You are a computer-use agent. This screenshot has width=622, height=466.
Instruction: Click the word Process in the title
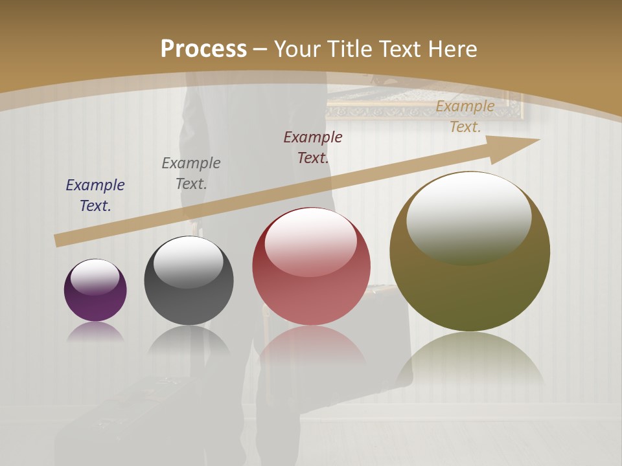click(x=203, y=49)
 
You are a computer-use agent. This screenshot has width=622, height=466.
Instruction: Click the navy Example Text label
click(x=95, y=195)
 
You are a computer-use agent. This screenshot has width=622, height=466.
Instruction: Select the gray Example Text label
click(x=191, y=173)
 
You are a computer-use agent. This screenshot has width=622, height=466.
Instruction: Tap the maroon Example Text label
click(x=313, y=147)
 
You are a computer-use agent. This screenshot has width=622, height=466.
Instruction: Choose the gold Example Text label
click(x=465, y=116)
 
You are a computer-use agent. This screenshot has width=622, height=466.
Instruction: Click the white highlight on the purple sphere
click(x=95, y=276)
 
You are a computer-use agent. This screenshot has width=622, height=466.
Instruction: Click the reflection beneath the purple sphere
click(x=95, y=331)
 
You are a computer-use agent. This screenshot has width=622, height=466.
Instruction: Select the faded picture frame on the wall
click(x=424, y=107)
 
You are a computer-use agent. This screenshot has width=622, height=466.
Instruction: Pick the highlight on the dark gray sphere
click(x=188, y=261)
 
